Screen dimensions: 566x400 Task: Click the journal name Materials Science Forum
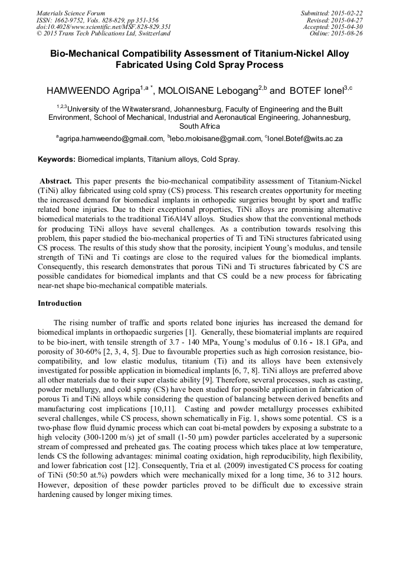71,12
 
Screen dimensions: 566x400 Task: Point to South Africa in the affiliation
199,126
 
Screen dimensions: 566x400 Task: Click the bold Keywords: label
57,159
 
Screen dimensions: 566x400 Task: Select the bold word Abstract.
56,179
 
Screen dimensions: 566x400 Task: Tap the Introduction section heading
60,303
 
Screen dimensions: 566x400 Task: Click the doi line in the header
103,27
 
